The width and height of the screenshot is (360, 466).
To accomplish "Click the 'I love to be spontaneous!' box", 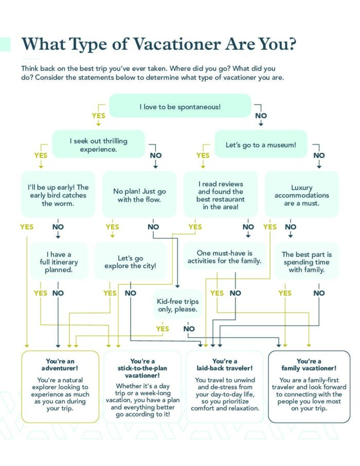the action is (x=180, y=106).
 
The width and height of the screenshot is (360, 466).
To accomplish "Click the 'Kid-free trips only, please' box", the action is (x=177, y=305).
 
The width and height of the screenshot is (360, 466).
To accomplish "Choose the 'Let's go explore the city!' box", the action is (x=130, y=261).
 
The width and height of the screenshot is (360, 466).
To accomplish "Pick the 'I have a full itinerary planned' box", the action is (x=59, y=261).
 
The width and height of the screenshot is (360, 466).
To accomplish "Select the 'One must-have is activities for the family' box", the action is (x=224, y=257).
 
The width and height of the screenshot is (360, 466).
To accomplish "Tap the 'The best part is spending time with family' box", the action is (x=307, y=261).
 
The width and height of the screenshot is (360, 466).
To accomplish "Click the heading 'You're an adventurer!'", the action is (x=60, y=365).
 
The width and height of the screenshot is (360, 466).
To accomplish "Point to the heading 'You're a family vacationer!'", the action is (x=309, y=365).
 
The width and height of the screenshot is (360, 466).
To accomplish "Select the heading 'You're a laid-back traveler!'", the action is (x=224, y=365).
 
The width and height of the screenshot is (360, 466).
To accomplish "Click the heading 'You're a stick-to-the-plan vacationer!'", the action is (x=142, y=368).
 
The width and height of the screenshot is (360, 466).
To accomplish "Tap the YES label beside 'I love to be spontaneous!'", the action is (x=98, y=116).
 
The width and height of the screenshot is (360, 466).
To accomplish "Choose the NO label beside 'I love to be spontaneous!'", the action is (x=261, y=116).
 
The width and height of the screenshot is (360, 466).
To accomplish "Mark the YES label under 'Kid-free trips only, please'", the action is (x=163, y=329).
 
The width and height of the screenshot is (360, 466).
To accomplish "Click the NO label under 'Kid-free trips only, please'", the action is (x=189, y=329).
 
